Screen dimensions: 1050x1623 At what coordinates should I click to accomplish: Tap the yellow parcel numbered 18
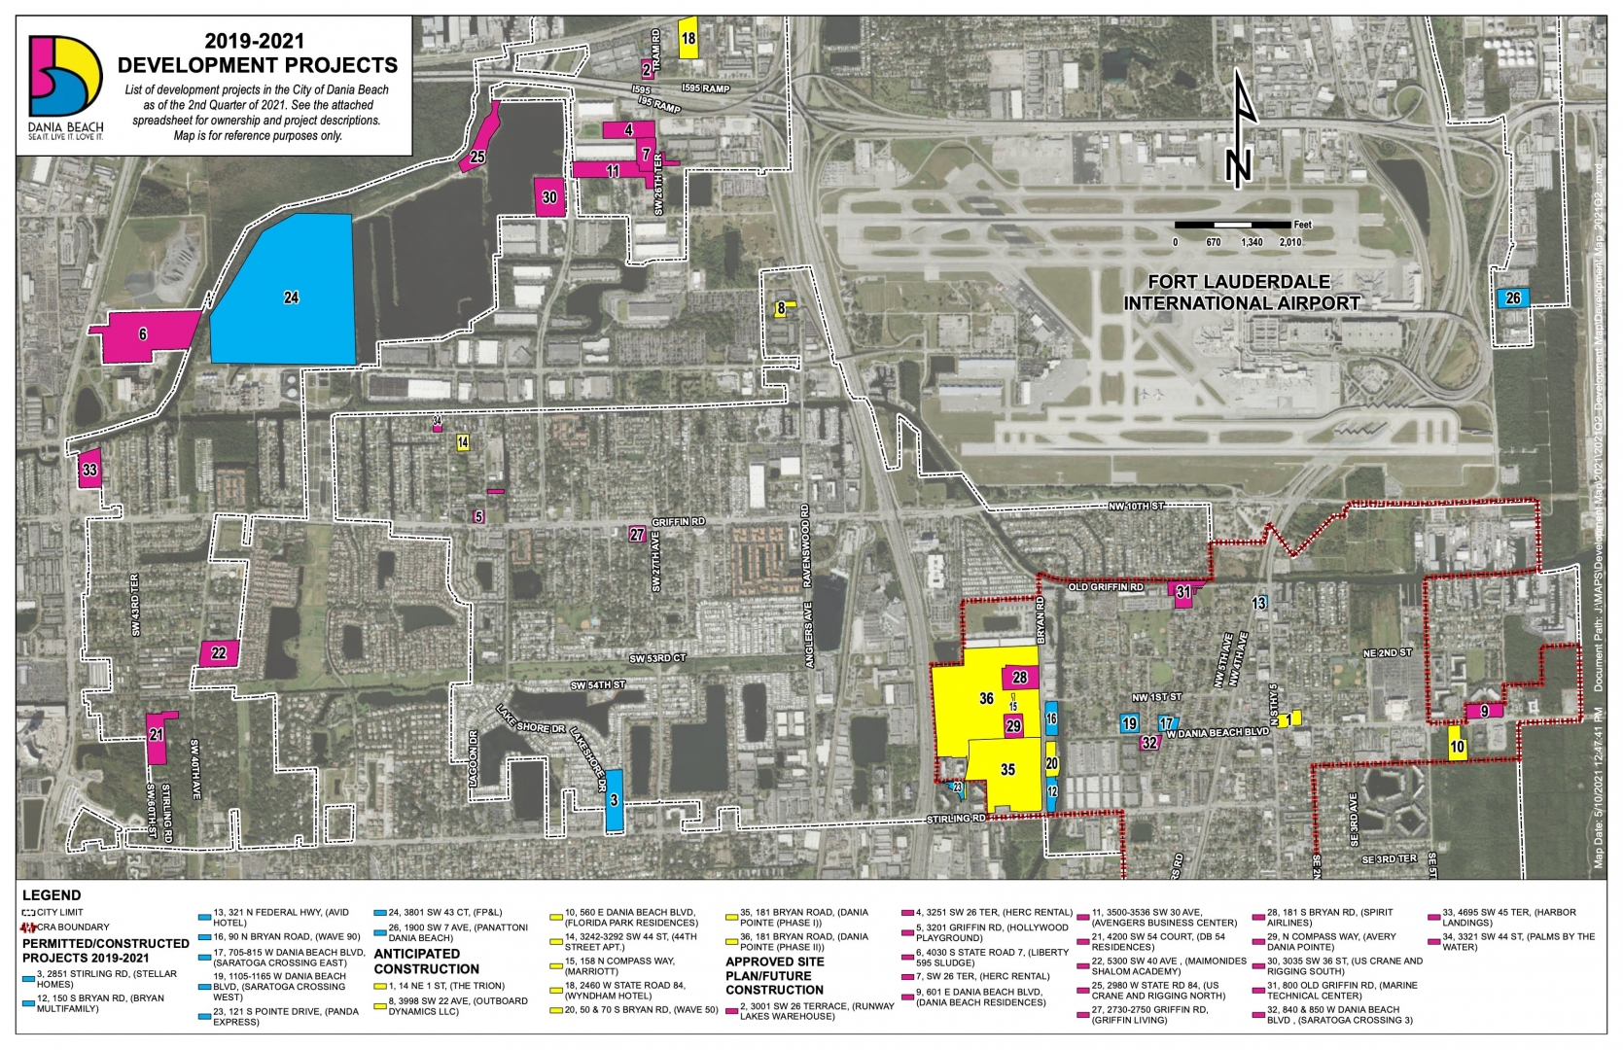[688, 39]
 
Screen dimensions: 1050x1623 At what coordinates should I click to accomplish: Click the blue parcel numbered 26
[1512, 297]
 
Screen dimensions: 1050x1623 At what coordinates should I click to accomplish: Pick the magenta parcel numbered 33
[89, 470]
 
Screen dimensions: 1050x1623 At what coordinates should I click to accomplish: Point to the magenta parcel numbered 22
[219, 653]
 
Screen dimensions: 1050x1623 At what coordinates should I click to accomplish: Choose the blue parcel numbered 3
[614, 800]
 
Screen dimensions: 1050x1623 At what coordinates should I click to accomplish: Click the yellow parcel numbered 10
[1456, 748]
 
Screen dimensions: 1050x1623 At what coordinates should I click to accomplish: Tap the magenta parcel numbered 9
[1484, 711]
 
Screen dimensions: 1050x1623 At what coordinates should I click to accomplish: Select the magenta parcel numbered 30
[549, 196]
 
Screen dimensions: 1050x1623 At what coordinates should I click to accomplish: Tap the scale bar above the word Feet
[1232, 225]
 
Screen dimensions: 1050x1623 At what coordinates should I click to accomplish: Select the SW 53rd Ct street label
[657, 658]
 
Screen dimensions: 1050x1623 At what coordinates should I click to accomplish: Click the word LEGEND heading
[52, 894]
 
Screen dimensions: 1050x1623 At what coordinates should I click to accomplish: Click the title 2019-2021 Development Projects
[257, 53]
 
